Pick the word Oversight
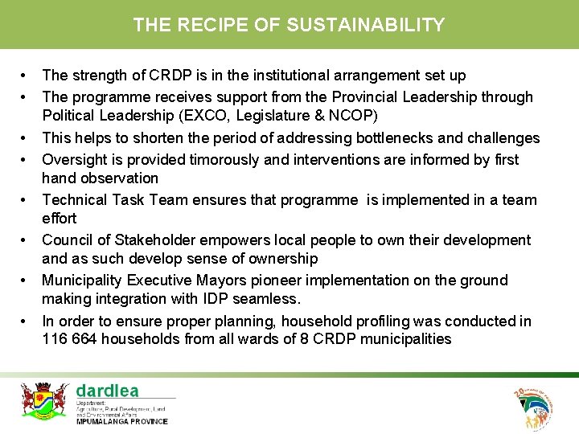point(76,159)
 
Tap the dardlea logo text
point(107,391)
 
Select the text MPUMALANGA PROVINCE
point(122,420)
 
